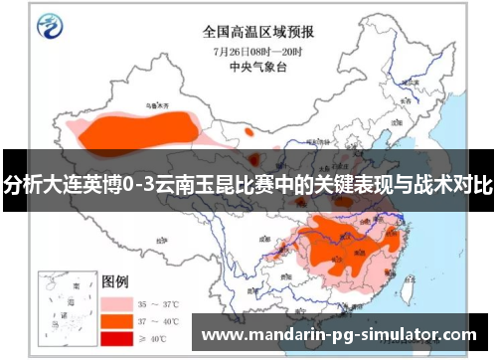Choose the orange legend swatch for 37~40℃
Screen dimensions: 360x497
(x=117, y=321)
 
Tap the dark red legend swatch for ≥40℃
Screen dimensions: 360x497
(x=117, y=339)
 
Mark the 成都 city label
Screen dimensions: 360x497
(x=263, y=239)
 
